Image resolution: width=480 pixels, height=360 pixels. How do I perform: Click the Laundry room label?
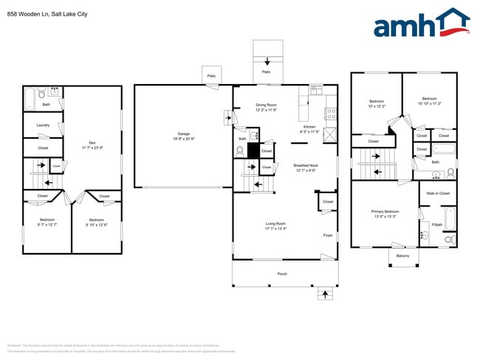(x=43, y=125)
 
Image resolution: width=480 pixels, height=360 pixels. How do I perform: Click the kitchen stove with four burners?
(x=331, y=115)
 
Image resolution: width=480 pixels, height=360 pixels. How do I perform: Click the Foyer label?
(x=328, y=236)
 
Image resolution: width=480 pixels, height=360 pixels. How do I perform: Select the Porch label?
(x=282, y=273)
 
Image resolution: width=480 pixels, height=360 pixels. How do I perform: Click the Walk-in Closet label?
(x=438, y=193)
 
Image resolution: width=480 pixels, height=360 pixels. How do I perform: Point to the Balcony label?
(x=402, y=256)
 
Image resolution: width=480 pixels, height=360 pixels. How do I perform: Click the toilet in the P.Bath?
(x=450, y=240)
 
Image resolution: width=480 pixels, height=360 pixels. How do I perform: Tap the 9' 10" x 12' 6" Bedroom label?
(x=96, y=222)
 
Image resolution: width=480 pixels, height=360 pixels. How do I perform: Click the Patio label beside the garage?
(x=211, y=75)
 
